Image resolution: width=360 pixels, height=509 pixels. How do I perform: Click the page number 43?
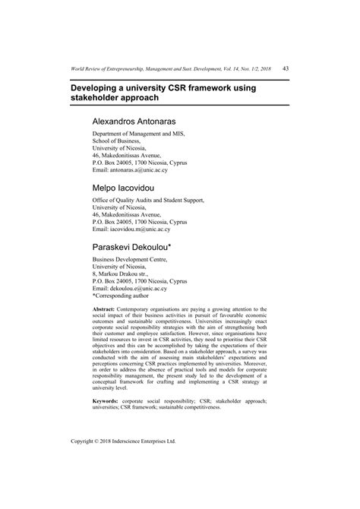pyautogui.click(x=285, y=68)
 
